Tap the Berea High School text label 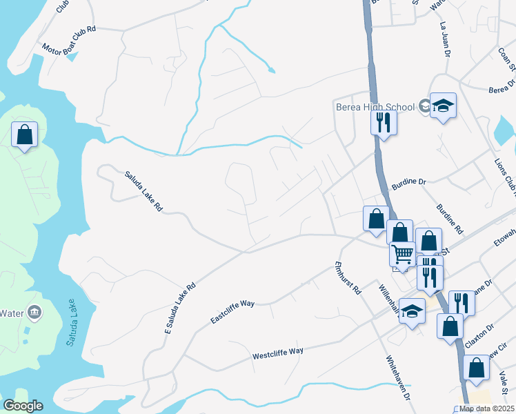(x=375, y=107)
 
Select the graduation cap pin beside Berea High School (x=444, y=107)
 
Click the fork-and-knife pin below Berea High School (x=384, y=123)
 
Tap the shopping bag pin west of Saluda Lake (x=25, y=134)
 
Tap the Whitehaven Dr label (x=398, y=378)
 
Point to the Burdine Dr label (x=410, y=183)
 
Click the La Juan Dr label (x=445, y=39)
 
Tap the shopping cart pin (x=402, y=253)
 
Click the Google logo (x=23, y=406)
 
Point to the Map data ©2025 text (x=487, y=408)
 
